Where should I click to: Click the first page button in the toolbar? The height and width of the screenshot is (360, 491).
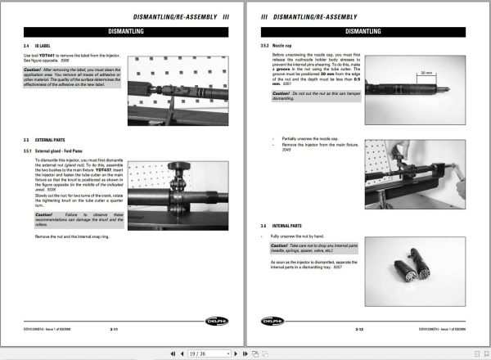172,353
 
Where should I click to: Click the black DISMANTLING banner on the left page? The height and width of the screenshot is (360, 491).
124,31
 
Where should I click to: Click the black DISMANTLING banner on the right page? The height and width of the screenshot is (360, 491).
368,31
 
